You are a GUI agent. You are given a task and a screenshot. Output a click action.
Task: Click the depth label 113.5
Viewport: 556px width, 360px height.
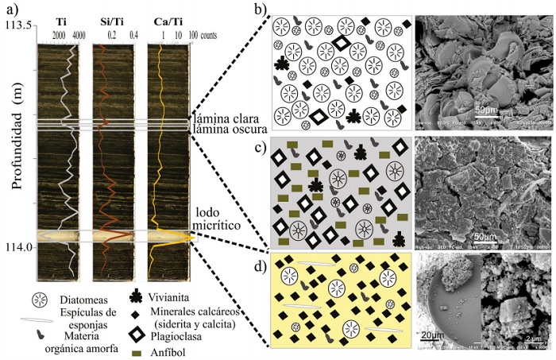(x=17, y=26)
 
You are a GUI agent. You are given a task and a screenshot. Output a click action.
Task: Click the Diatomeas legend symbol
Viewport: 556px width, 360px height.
(x=35, y=301)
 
